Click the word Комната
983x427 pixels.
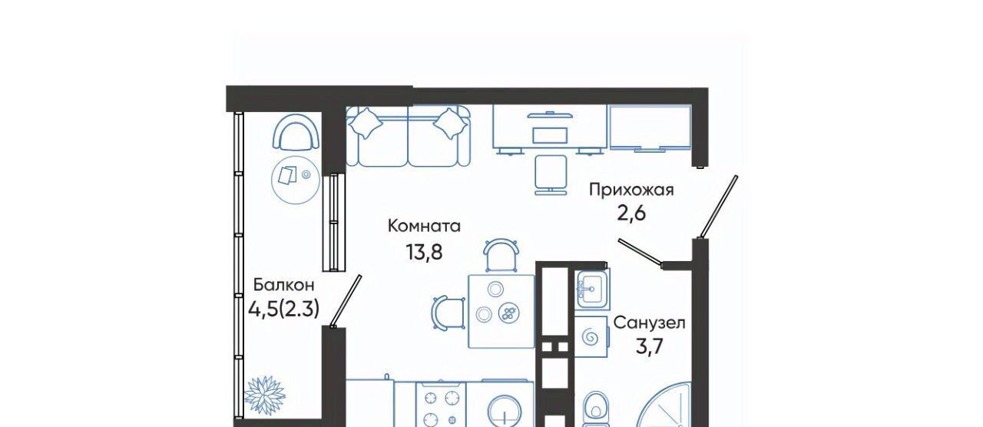pos(425,227)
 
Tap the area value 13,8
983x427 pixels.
pos(424,253)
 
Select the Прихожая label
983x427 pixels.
pos(631,190)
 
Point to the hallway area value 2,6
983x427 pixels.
pos(631,213)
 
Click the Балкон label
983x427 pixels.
pos(284,285)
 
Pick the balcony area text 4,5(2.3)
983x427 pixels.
pos(283,309)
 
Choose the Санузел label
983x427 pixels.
pos(649,323)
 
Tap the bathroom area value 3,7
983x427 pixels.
pos(649,349)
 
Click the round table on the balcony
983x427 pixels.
pos(296,180)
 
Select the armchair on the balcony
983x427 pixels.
pos(296,135)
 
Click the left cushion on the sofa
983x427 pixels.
pos(365,124)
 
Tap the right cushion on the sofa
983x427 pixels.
pos(450,124)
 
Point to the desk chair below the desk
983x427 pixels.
pos(551,174)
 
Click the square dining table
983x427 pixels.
pos(501,312)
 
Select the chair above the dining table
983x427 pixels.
pos(501,255)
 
